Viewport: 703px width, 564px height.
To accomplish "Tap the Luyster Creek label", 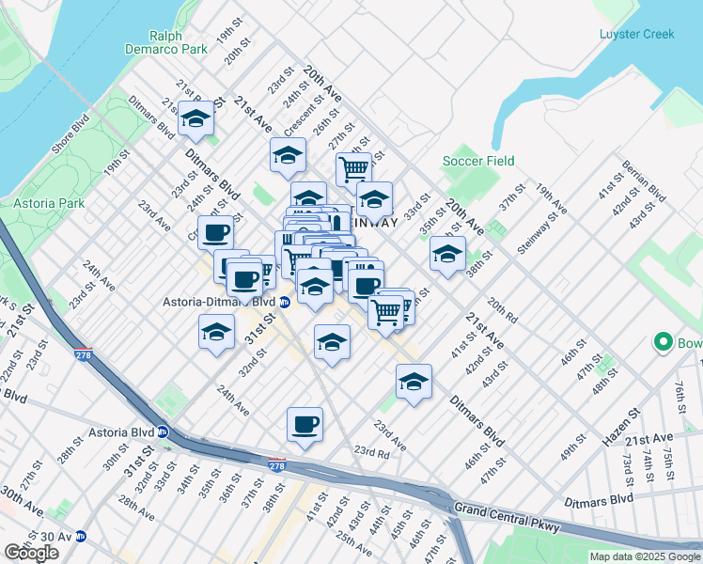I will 636,35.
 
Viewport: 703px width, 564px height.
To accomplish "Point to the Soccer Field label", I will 478,161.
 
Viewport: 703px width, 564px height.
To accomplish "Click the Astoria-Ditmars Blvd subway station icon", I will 284,303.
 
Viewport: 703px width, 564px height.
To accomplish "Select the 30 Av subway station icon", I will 81,537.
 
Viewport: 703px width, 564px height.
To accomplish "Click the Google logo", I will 31,552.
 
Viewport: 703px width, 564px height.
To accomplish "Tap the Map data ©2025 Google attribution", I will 645,556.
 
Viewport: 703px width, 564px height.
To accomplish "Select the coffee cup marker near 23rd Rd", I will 305,426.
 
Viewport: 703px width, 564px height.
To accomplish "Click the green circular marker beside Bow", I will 664,343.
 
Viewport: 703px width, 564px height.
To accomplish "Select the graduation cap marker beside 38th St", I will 447,254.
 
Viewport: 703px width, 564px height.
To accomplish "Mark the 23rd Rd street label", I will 371,452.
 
